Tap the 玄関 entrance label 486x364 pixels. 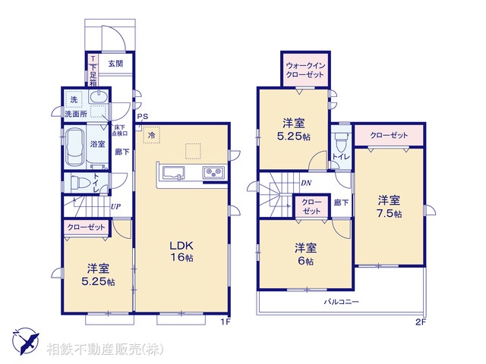[x=115, y=64]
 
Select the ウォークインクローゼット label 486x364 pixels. [x=305, y=70]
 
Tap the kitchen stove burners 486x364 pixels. [x=213, y=174]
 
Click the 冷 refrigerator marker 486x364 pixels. [x=151, y=135]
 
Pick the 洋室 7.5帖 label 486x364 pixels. [x=389, y=206]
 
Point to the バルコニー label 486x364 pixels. [x=342, y=302]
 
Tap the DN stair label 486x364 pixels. [x=305, y=183]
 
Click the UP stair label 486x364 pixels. [x=116, y=206]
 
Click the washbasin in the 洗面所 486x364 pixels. [x=99, y=98]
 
